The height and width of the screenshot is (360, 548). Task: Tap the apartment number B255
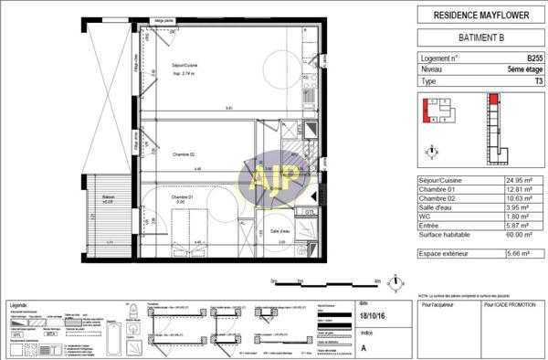point(522,57)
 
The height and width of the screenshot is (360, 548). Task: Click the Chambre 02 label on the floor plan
point(161,154)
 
